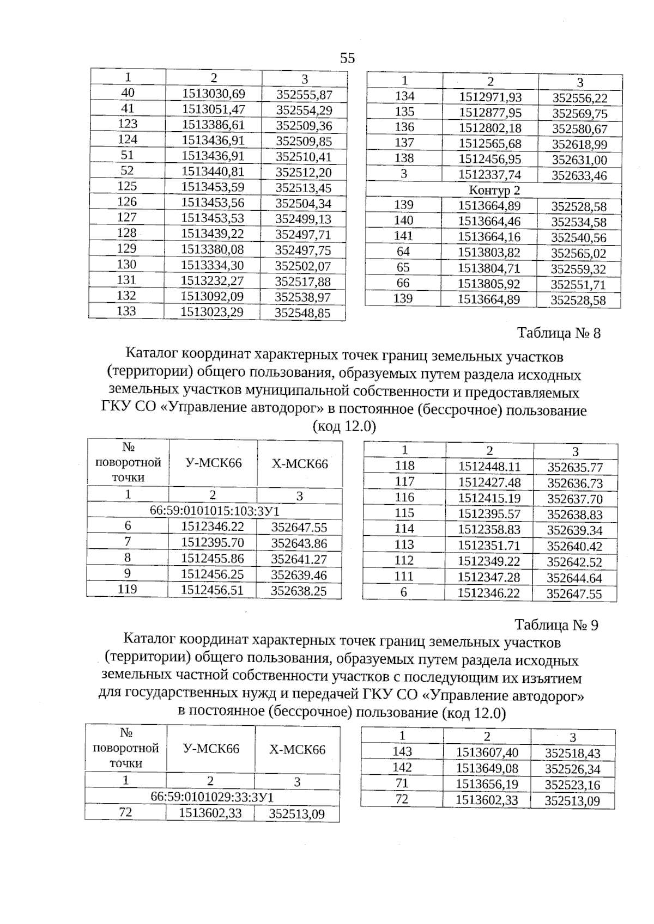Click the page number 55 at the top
347,58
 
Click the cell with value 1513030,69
214,94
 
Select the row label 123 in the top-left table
128,124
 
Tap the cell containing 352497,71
303,235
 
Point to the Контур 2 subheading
494,191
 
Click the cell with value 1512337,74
490,175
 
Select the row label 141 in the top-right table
403,236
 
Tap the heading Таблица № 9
556,625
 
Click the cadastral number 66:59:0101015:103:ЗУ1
214,511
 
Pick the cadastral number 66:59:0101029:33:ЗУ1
212,797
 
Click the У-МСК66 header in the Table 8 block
213,463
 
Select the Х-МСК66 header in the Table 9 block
297,749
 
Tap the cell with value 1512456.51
212,590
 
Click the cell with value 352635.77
575,467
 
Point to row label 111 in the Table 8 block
403,577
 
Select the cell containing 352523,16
572,785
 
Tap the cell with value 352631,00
579,160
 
